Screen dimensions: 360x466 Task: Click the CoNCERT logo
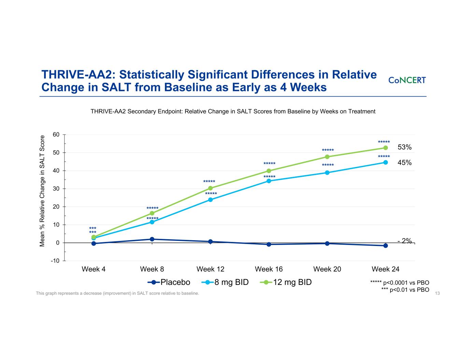tap(407, 80)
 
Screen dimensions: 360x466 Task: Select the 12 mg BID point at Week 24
tap(385, 148)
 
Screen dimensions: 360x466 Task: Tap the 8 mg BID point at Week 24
tap(385, 162)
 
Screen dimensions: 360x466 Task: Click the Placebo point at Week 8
tap(152, 239)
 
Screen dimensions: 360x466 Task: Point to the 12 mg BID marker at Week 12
tap(210, 188)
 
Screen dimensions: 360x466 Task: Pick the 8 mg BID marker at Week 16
tap(269, 181)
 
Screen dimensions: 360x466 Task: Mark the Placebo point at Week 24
tap(385, 246)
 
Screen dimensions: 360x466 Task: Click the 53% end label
tap(405, 147)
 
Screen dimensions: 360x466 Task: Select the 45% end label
tap(405, 163)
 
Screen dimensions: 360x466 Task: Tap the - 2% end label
tap(405, 241)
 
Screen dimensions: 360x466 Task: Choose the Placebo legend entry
tap(169, 282)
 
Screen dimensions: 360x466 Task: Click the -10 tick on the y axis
tap(55, 261)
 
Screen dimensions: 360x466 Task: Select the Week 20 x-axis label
tap(327, 269)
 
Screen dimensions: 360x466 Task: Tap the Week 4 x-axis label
tap(94, 269)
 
